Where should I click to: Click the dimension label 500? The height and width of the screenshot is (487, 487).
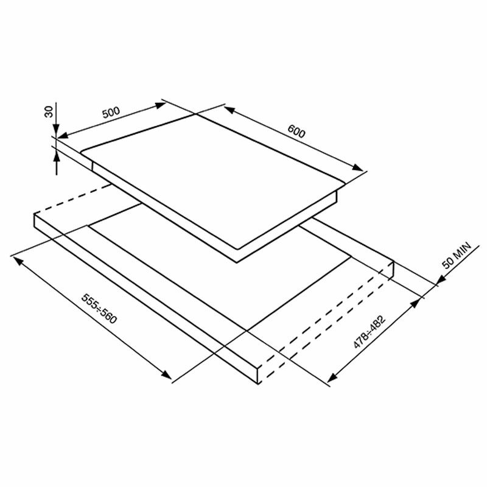(x=111, y=113)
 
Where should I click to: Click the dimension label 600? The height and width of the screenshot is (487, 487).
(x=296, y=132)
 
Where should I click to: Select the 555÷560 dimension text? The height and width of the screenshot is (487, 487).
(x=99, y=310)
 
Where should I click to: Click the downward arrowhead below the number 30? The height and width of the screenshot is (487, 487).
(x=55, y=130)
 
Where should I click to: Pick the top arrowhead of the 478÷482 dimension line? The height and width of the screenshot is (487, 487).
(x=419, y=301)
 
